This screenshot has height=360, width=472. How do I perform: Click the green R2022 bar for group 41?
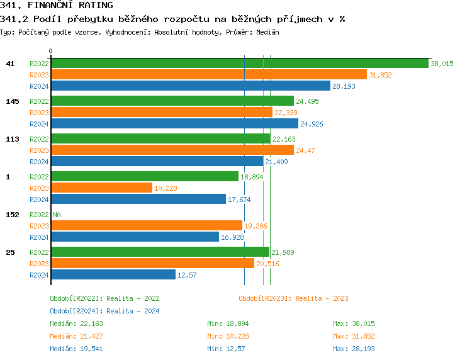coord(239,64)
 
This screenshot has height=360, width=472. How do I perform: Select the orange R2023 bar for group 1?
coord(101,188)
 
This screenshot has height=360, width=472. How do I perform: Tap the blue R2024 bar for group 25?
coord(113,274)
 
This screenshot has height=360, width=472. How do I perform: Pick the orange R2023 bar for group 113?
coord(172,150)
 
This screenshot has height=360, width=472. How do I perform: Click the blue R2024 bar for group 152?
coord(135,237)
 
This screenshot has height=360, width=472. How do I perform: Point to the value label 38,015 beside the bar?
coord(442,64)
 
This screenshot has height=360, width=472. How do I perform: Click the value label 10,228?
coord(165,188)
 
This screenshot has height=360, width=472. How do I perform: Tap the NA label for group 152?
coord(57,215)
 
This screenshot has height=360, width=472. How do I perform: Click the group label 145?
coord(13,101)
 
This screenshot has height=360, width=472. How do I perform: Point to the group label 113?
coord(13,139)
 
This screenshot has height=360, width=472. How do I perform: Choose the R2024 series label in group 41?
coord(39,86)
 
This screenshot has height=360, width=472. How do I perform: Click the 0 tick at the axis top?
coord(50,52)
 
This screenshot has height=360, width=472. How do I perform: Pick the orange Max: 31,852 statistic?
coord(354,336)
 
